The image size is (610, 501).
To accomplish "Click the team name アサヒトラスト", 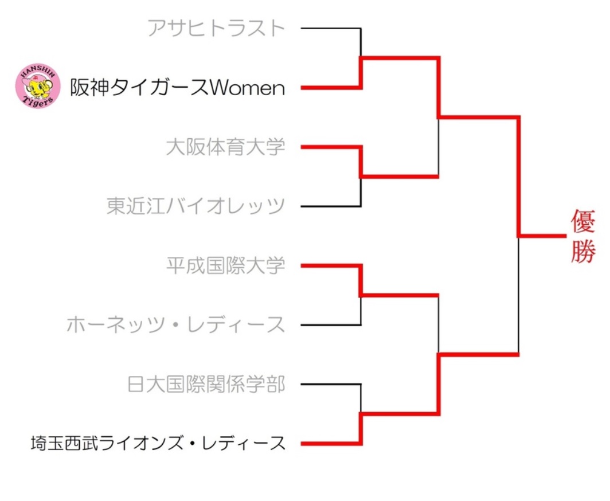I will tap(216, 28).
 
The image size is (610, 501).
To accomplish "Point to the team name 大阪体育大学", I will tap(225, 147).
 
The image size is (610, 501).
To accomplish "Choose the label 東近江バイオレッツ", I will tap(195, 206).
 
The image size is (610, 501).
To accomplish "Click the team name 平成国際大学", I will tap(225, 265).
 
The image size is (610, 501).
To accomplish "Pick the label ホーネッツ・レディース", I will tap(175, 325).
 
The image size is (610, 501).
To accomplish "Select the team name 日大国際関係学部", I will tap(206, 384).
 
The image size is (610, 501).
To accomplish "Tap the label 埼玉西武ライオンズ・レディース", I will tap(158, 443).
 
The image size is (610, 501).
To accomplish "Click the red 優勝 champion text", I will tap(584, 236).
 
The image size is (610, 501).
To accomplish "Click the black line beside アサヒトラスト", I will tap(330, 28).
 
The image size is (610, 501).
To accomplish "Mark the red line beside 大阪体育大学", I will tap(330, 147).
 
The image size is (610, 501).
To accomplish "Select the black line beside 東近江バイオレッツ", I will tap(330, 206).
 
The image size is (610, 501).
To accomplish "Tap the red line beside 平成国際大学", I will tap(330, 265).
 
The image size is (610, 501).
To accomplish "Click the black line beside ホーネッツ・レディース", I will tap(330, 325).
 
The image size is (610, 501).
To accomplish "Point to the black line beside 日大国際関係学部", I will tap(330, 384).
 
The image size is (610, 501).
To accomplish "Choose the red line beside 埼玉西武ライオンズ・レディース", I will tap(330, 443).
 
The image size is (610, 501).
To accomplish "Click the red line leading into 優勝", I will tap(542, 235).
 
